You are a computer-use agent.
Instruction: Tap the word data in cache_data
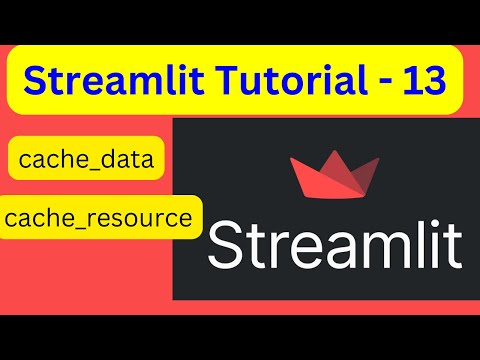(x=129, y=160)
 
